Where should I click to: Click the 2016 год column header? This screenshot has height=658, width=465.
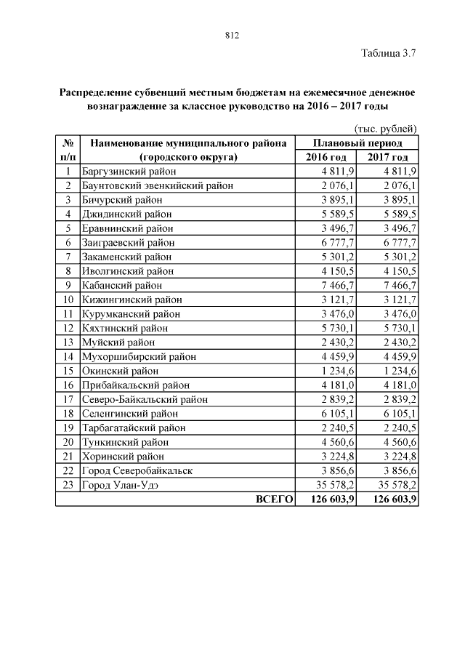point(325,157)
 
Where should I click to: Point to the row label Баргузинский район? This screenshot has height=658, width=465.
point(129,172)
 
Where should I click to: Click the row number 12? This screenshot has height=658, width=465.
point(68,328)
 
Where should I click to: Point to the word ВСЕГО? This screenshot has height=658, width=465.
point(273,499)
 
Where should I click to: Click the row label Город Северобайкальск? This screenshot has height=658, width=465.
point(137,470)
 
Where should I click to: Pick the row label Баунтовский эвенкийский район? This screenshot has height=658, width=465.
point(158,185)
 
